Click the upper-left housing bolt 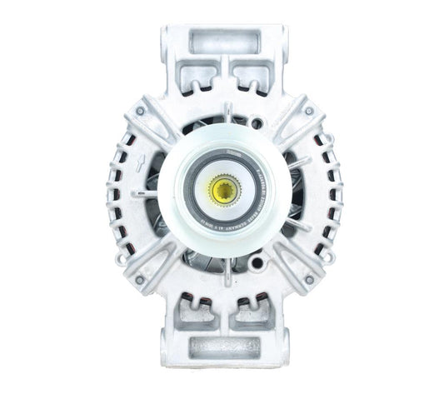140,111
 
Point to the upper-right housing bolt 308,111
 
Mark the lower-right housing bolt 308,279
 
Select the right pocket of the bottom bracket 247,313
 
